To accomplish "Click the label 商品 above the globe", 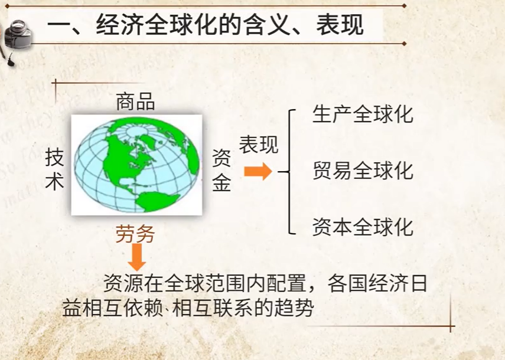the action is click(136, 102).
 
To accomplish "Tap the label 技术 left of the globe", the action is click(54, 169).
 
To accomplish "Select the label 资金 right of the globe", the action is click(221, 171).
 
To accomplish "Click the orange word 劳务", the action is click(135, 234).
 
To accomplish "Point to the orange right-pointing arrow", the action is click(258, 171).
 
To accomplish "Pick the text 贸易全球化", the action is click(363, 170).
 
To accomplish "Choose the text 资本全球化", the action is click(363, 227).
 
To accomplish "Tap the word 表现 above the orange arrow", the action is click(259, 145).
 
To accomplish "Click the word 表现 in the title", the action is click(340, 25).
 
